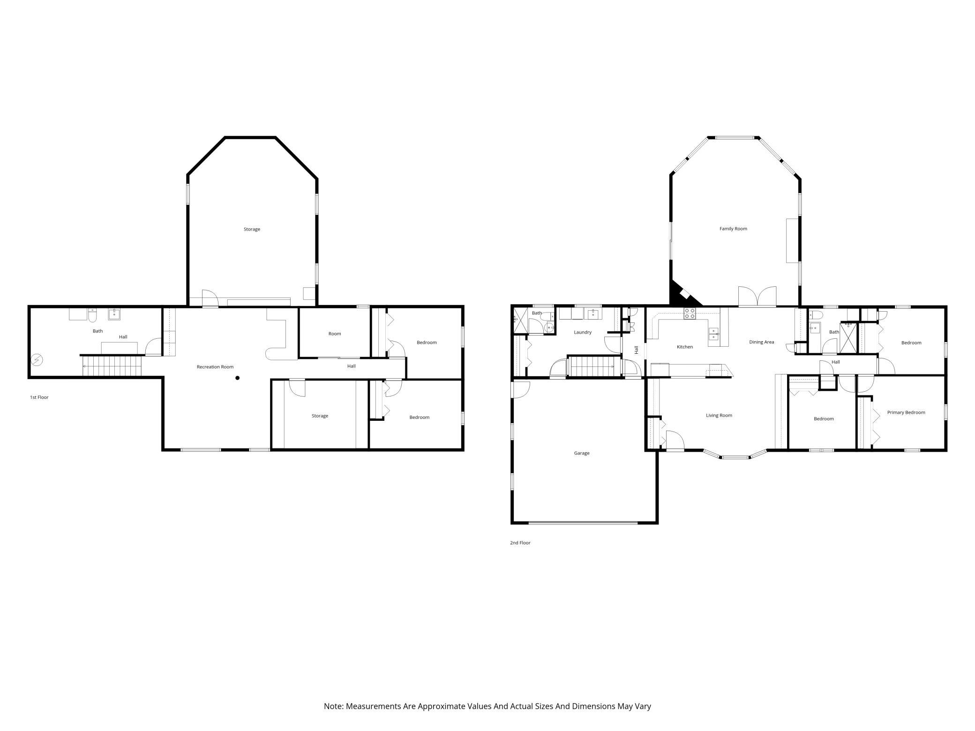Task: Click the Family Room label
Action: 733,229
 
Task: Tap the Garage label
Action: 582,453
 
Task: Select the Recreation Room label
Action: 215,367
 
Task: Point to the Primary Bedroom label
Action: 906,412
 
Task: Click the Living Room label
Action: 719,415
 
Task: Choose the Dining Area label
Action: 762,342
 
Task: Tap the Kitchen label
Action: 685,347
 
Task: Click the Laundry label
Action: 583,332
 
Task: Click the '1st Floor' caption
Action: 39,397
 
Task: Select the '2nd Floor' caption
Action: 520,543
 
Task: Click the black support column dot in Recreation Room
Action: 238,378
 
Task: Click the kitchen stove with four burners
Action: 690,313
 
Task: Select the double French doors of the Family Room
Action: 757,296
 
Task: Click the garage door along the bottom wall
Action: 583,522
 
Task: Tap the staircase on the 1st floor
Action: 112,365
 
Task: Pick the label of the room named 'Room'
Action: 335,334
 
